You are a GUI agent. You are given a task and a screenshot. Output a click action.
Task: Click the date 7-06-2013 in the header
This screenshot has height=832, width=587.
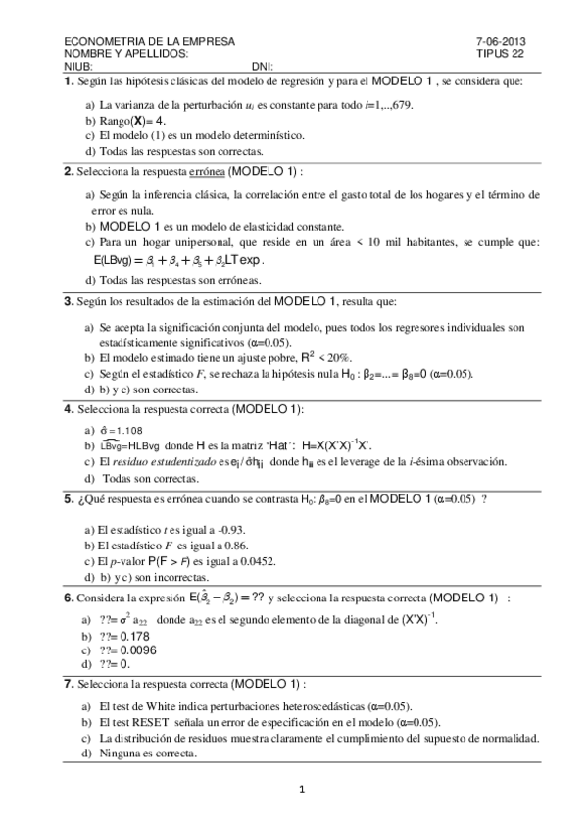tap(500, 41)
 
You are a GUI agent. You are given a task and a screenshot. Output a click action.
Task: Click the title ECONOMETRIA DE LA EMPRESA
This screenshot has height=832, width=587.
tap(148, 41)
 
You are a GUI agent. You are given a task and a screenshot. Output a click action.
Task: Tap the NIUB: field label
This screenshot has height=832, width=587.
tap(77, 65)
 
